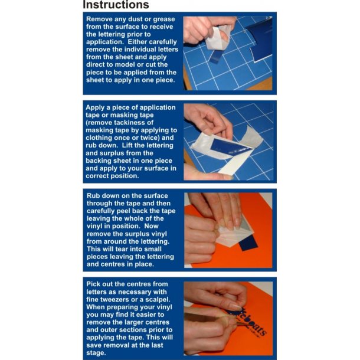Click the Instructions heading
pyautogui.click(x=116, y=5)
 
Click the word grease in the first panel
pyautogui.click(x=163, y=19)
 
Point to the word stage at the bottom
pyautogui.click(x=96, y=353)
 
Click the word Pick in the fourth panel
pyautogui.click(x=93, y=284)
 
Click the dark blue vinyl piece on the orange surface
pyautogui.click(x=248, y=243)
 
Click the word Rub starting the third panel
pyautogui.click(x=93, y=196)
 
